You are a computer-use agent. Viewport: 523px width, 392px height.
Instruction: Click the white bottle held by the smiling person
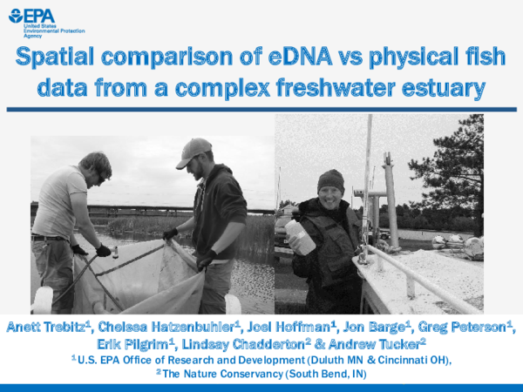pos(300,235)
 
